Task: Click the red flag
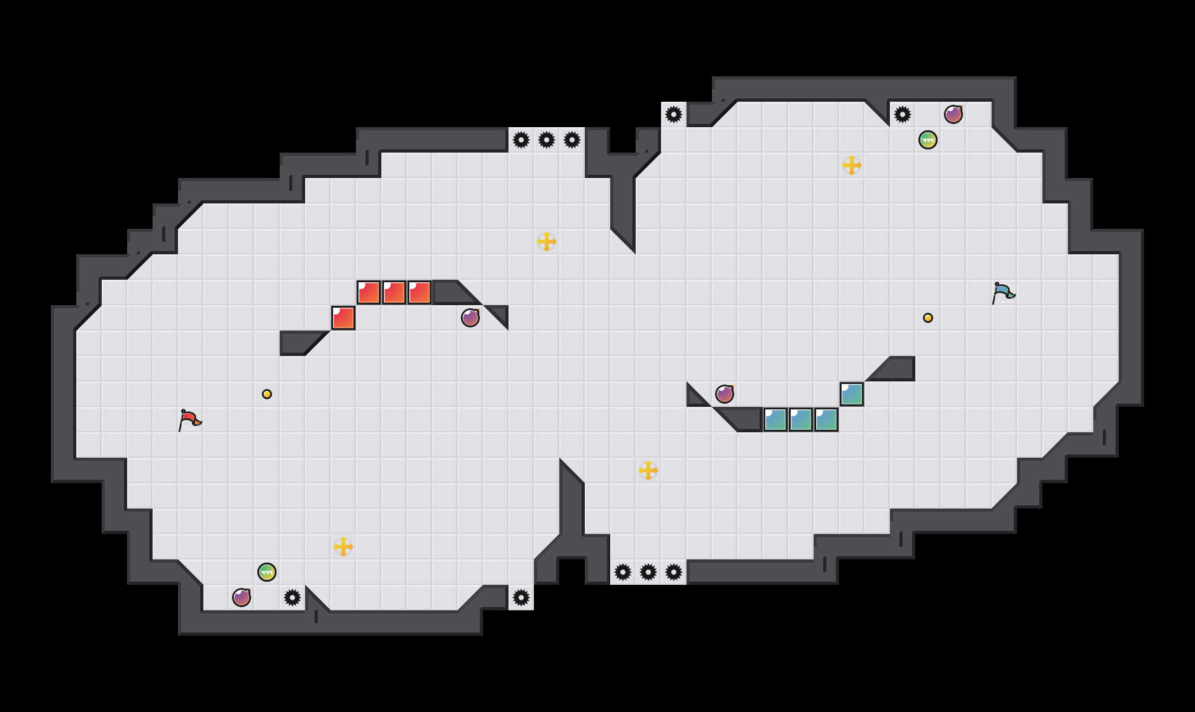pyautogui.click(x=189, y=420)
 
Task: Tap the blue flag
pyautogui.click(x=1002, y=292)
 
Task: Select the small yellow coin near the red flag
pyautogui.click(x=267, y=394)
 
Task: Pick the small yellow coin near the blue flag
pyautogui.click(x=928, y=318)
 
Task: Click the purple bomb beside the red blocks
pyautogui.click(x=470, y=318)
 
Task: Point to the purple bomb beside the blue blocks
pyautogui.click(x=725, y=394)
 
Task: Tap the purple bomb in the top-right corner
pyautogui.click(x=953, y=114)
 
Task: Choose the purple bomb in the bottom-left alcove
pyautogui.click(x=242, y=598)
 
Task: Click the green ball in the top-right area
pyautogui.click(x=928, y=140)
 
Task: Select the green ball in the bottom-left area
pyautogui.click(x=267, y=572)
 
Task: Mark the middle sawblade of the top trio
pyautogui.click(x=547, y=140)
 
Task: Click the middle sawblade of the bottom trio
pyautogui.click(x=648, y=572)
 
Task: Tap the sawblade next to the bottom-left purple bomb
pyautogui.click(x=292, y=598)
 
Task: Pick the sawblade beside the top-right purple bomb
pyautogui.click(x=903, y=114)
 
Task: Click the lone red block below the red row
pyautogui.click(x=343, y=318)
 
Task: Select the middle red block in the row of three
pyautogui.click(x=394, y=292)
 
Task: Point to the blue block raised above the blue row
pyautogui.click(x=852, y=394)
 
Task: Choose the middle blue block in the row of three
pyautogui.click(x=801, y=420)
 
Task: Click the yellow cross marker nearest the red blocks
pyautogui.click(x=547, y=242)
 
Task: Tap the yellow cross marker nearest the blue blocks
pyautogui.click(x=648, y=470)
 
